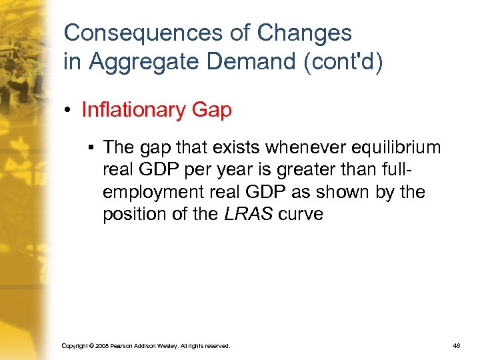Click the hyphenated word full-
click(x=423, y=169)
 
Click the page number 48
click(x=457, y=346)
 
